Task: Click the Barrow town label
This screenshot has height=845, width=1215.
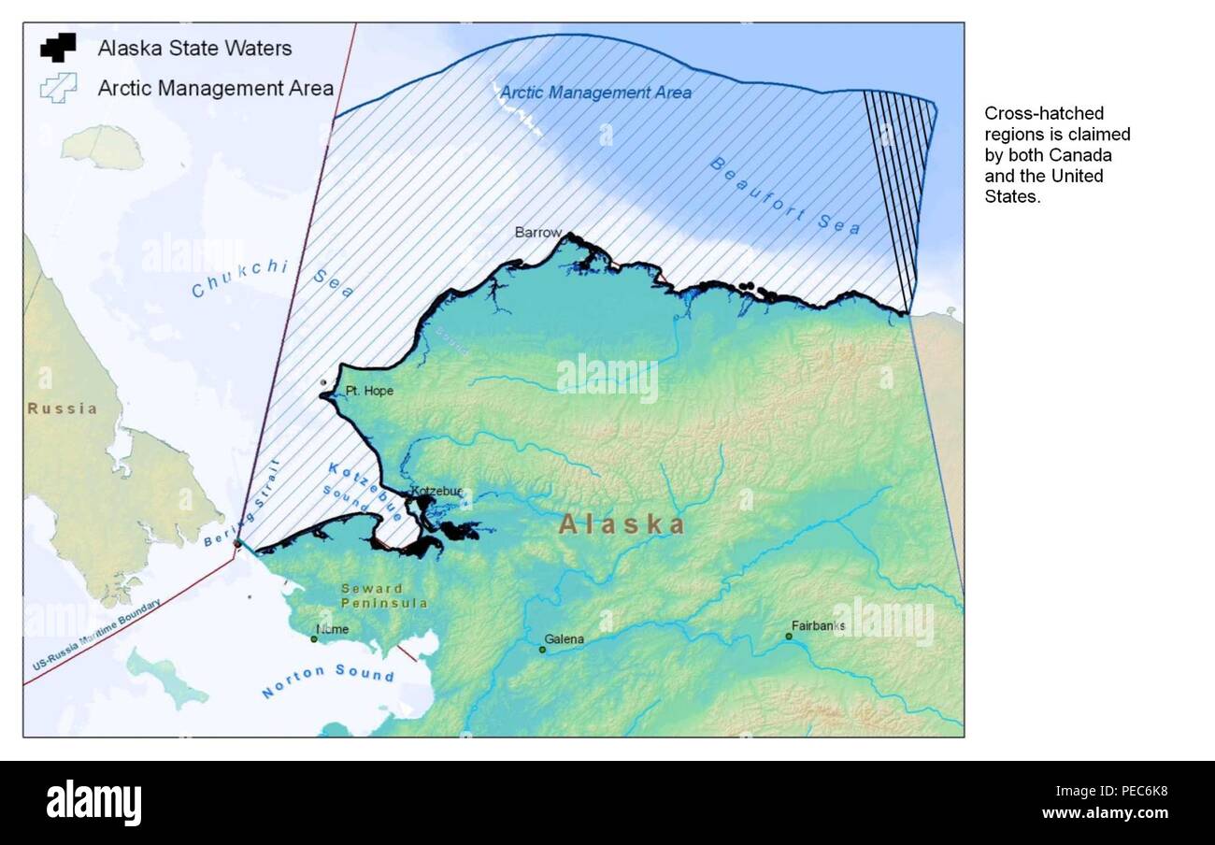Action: click(537, 232)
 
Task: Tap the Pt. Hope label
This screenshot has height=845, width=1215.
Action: click(369, 391)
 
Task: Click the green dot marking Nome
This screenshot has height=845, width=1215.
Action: click(314, 639)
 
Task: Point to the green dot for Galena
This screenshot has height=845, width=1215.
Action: click(542, 649)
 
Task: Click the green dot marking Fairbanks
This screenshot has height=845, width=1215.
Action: click(789, 637)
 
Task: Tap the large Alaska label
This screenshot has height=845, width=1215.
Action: click(622, 524)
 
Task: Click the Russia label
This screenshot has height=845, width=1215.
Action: click(62, 408)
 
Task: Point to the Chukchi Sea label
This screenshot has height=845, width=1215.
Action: click(272, 279)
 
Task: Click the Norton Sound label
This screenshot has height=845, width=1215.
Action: click(327, 681)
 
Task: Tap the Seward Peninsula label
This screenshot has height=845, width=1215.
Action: click(384, 595)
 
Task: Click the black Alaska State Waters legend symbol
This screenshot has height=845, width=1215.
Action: click(58, 47)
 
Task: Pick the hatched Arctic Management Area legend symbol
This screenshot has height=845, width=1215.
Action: click(58, 88)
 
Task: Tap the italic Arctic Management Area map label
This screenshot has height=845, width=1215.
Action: click(595, 93)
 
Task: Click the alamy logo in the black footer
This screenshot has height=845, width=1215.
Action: click(93, 803)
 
